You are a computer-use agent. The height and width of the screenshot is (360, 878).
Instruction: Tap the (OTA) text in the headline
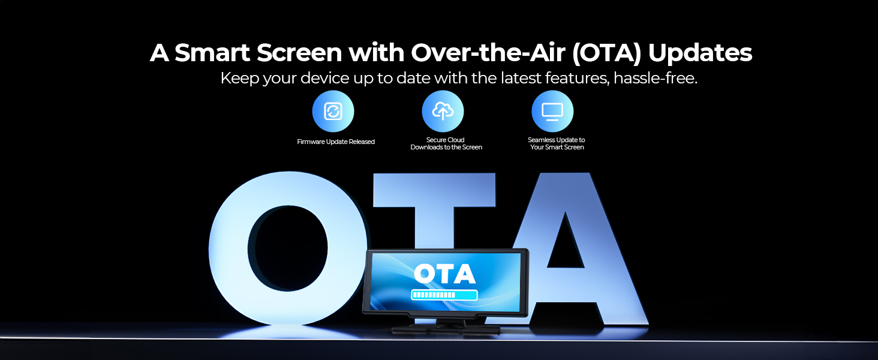coord(606,53)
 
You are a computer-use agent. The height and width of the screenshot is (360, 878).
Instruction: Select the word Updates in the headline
coord(700,53)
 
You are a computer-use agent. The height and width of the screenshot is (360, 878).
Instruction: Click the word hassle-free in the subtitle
coord(656,78)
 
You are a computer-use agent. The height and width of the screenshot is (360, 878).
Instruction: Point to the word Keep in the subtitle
coord(239,79)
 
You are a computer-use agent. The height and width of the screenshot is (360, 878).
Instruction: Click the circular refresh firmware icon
coord(333,112)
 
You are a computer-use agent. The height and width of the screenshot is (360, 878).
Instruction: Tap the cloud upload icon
coord(443,112)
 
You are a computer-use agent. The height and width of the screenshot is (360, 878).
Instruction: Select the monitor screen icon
coord(553,112)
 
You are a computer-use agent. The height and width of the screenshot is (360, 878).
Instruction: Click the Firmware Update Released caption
coord(336,142)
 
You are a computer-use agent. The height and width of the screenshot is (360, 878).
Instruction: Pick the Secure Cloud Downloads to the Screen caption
coord(446,143)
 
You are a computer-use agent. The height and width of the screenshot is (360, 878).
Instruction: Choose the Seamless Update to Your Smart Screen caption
coord(557,143)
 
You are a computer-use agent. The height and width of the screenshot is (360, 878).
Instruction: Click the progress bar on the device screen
coord(444,295)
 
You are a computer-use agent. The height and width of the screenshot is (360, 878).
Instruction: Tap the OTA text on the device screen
coord(445,274)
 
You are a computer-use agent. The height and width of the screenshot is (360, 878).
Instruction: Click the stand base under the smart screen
coord(446,329)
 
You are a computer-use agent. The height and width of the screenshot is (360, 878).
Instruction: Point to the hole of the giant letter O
coord(288,248)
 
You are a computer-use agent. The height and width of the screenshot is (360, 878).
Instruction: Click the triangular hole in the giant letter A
coord(565,243)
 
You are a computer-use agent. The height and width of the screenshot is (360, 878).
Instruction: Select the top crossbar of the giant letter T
coord(434,190)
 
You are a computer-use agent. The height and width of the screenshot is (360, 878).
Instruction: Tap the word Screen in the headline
coord(300,53)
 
